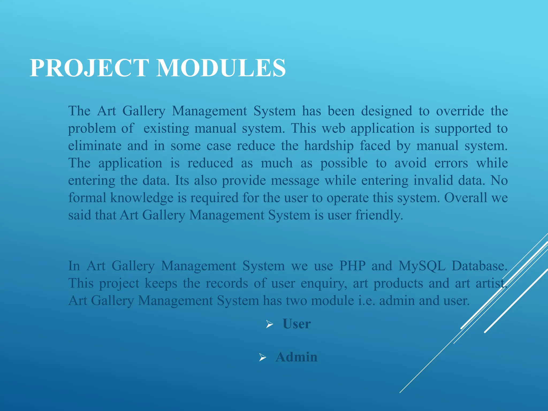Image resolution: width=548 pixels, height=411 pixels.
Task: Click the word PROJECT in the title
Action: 89,68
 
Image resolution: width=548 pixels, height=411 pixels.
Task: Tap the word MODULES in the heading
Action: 221,68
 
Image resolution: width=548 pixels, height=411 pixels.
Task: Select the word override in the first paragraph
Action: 460,111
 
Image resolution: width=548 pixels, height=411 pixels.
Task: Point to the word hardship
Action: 329,146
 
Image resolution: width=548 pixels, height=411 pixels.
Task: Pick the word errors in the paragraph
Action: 451,163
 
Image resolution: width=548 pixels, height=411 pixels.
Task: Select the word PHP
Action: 352,266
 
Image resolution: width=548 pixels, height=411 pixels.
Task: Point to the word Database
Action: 479,266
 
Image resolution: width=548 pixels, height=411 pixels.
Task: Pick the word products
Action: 398,284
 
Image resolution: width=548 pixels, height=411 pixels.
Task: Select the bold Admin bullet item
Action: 296,357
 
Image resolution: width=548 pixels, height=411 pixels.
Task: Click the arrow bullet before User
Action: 269,325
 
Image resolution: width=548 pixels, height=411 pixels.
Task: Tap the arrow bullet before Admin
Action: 262,357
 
